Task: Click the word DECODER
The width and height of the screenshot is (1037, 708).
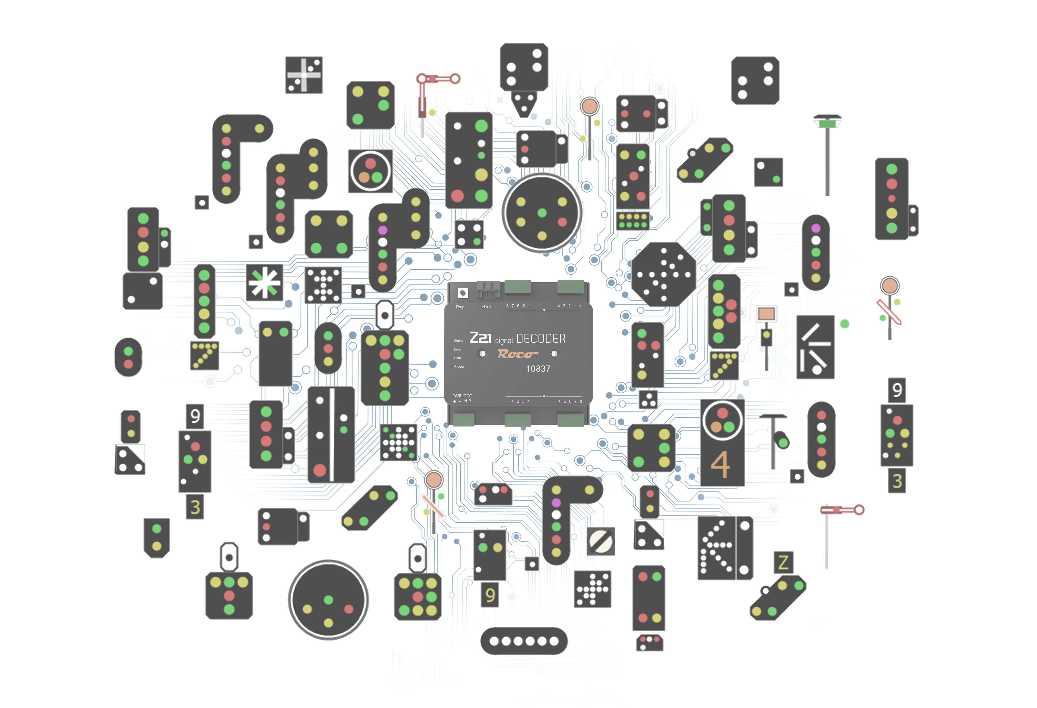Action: coord(540,339)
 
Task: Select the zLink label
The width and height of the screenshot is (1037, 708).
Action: coord(486,307)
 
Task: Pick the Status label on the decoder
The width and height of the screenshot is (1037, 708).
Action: coord(458,341)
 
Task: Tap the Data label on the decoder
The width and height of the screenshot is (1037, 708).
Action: coord(457,358)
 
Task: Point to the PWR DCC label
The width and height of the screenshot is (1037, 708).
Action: coord(462,396)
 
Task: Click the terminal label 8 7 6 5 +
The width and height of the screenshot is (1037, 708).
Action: coord(518,306)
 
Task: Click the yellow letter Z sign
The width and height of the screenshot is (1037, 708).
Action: coord(783,562)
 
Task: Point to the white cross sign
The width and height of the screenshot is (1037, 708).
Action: coord(304,75)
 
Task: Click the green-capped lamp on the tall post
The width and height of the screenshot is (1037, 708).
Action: coord(827,122)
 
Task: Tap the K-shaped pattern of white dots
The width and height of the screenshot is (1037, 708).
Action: coord(714,548)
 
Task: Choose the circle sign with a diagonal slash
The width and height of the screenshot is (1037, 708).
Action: coord(600,541)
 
